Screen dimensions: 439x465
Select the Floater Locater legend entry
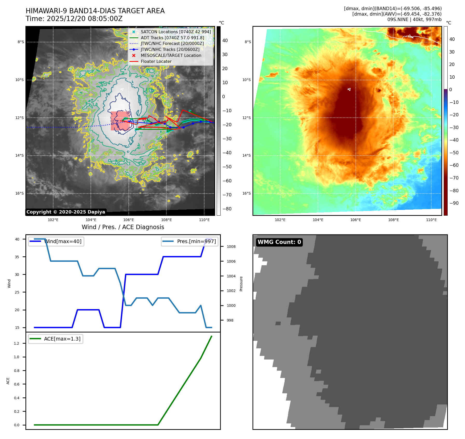tap(156, 62)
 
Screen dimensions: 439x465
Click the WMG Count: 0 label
tap(279, 242)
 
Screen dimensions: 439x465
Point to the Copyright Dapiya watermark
tap(66, 212)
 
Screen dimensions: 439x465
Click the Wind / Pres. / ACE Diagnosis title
tap(123, 227)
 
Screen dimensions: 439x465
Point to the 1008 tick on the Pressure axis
tap(231, 247)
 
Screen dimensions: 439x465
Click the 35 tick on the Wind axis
tap(17, 257)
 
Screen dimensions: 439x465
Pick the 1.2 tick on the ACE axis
tap(17, 343)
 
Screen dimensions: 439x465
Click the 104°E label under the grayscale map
tap(91, 220)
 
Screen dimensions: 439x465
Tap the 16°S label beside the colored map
tap(247, 194)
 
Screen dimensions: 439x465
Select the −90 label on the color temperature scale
tap(454, 203)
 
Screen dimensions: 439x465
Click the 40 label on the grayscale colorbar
tap(225, 41)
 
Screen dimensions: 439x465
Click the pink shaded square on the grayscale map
tap(120, 121)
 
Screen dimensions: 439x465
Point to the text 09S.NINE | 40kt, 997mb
tap(414, 19)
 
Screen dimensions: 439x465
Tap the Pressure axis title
tap(241, 284)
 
